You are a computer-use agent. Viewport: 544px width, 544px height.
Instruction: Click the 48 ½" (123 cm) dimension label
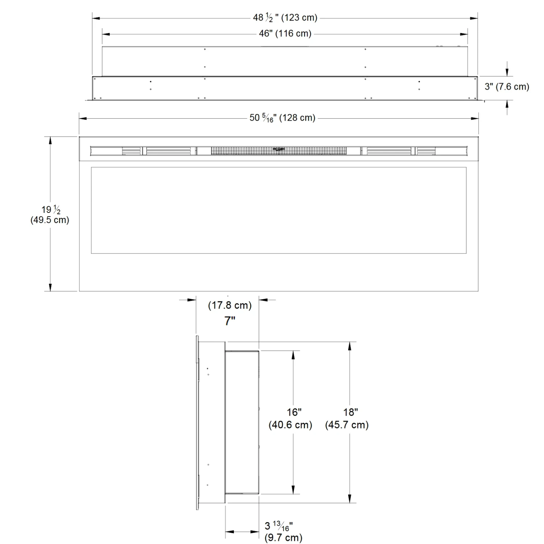point(285,17)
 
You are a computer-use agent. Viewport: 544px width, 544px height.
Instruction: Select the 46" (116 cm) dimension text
point(285,34)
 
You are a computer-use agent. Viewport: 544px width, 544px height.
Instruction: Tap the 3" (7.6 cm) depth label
point(507,87)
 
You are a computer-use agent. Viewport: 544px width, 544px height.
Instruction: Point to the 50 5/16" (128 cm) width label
point(282,118)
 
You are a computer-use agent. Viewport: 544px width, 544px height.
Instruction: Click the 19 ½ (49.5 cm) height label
point(50,214)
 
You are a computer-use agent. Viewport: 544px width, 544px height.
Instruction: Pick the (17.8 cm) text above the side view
point(230,305)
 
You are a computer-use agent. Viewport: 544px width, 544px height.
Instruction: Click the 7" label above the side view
point(230,321)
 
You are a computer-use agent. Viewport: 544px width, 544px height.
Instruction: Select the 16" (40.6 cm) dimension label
point(290,419)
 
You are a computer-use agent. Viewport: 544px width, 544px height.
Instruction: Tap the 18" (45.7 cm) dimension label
point(347,419)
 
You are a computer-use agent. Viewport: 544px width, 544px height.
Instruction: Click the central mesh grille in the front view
point(279,151)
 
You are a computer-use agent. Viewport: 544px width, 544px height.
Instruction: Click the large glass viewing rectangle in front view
point(279,210)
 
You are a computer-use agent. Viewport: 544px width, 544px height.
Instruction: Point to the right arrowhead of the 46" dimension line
point(464,34)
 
